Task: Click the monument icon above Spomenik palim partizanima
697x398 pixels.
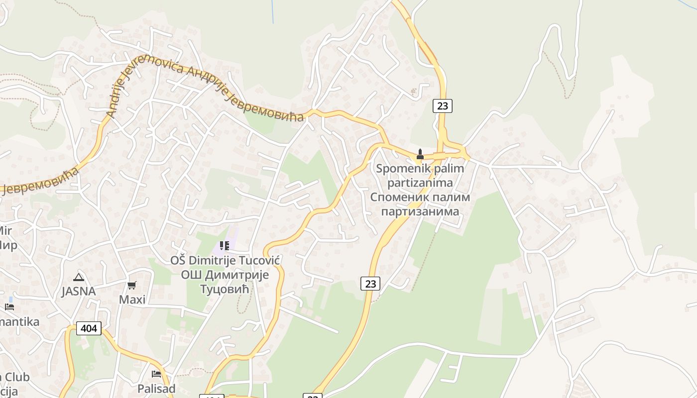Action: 420,154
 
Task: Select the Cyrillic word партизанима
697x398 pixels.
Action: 420,211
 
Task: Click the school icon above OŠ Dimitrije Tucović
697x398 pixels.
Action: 224,245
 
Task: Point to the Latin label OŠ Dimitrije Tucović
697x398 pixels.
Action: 226,261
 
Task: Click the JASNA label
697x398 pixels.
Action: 78,292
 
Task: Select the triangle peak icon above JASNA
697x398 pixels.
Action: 78,277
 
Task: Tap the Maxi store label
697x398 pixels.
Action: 132,299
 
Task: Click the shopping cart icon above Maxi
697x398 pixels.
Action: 132,285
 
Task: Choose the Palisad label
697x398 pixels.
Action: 156,389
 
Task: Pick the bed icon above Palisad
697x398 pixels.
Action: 156,374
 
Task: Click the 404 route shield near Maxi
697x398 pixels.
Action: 89,328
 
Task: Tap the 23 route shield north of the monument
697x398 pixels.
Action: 442,105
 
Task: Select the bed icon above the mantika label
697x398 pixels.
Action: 9,306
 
